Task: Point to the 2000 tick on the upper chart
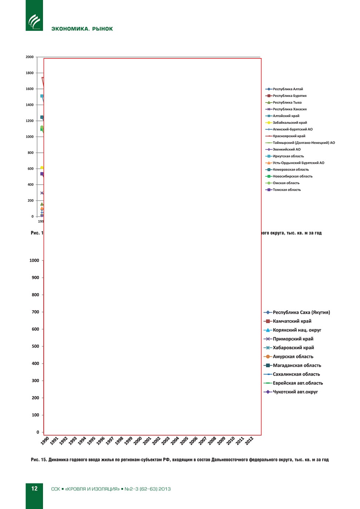tap(30, 57)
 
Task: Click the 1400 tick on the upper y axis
tap(30, 105)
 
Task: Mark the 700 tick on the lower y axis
tap(35, 312)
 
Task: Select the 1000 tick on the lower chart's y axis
tap(34, 261)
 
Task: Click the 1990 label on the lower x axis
tap(45, 441)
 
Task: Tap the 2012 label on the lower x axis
tap(249, 441)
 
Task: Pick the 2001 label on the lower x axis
tap(147, 441)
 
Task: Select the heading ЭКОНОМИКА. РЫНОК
tap(82, 29)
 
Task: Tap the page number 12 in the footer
tap(34, 488)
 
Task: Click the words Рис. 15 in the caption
tap(39, 460)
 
